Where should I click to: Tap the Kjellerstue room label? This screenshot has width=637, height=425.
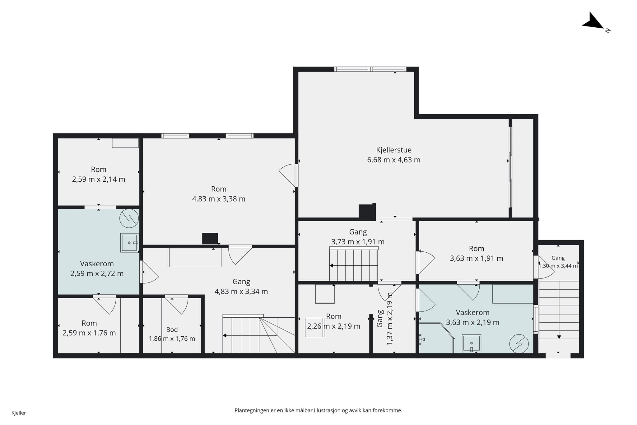point(393,150)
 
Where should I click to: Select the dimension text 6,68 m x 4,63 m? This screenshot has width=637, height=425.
point(393,160)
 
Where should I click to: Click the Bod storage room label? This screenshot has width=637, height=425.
point(172,329)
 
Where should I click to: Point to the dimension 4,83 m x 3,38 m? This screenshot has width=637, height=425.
point(219,199)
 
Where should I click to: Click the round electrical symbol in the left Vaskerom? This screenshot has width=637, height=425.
point(129,218)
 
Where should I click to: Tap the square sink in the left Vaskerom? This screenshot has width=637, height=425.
point(129,243)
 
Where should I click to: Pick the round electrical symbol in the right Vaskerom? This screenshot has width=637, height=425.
point(519,344)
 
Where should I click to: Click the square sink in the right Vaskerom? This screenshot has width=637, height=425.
point(472,343)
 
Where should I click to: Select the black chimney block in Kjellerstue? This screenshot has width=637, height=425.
point(367,212)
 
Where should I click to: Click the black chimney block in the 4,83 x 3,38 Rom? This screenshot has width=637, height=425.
point(210,239)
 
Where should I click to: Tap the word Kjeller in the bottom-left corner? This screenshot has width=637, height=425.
point(19,413)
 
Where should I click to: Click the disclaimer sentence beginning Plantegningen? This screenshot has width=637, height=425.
point(318,410)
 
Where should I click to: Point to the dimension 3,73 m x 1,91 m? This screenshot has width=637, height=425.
point(358,242)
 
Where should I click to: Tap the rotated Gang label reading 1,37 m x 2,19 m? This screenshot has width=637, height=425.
point(384,319)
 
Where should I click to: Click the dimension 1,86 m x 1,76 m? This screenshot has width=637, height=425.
point(172,339)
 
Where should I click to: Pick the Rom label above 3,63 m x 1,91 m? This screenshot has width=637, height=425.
point(477,249)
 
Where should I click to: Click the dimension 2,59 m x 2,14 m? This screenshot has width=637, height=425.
point(99,179)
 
